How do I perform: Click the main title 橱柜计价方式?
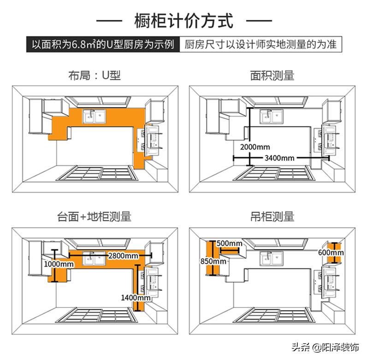click(183, 21)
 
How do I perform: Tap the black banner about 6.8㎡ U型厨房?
click(102, 45)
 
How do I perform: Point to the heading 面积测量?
click(272, 75)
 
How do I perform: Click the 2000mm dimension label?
click(255, 147)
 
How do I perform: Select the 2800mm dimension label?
click(123, 255)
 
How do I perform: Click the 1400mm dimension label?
click(136, 298)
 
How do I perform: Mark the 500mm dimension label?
click(229, 243)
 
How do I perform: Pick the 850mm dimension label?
click(213, 261)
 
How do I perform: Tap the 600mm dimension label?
click(331, 253)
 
